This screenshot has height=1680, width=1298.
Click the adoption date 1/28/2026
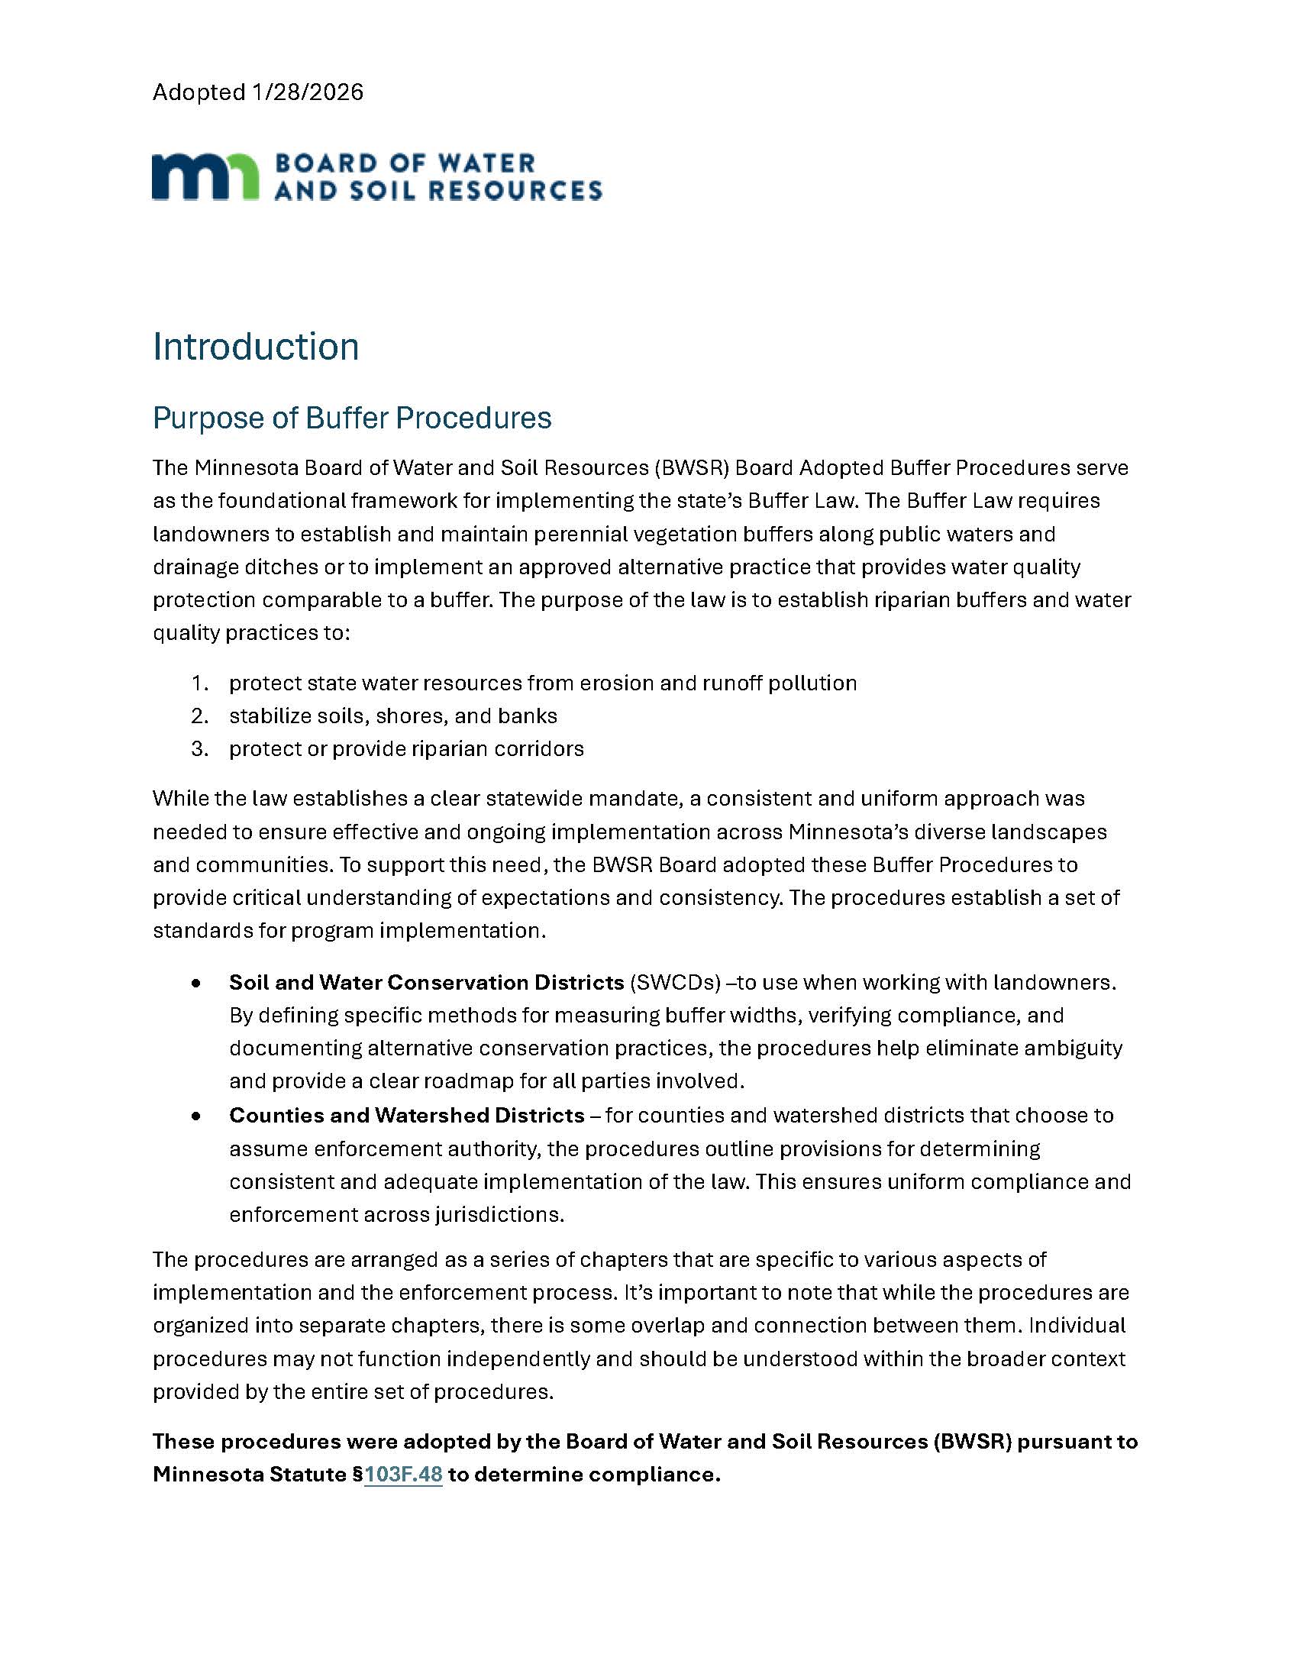[307, 92]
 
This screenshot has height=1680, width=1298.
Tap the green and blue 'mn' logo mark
[205, 177]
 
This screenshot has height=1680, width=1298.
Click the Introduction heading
[255, 347]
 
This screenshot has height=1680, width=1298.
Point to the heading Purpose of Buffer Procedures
[351, 418]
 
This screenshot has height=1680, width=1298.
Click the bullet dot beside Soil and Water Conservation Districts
[197, 984]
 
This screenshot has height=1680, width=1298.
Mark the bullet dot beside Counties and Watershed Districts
[197, 1116]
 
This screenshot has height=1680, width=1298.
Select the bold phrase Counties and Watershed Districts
[407, 1116]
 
